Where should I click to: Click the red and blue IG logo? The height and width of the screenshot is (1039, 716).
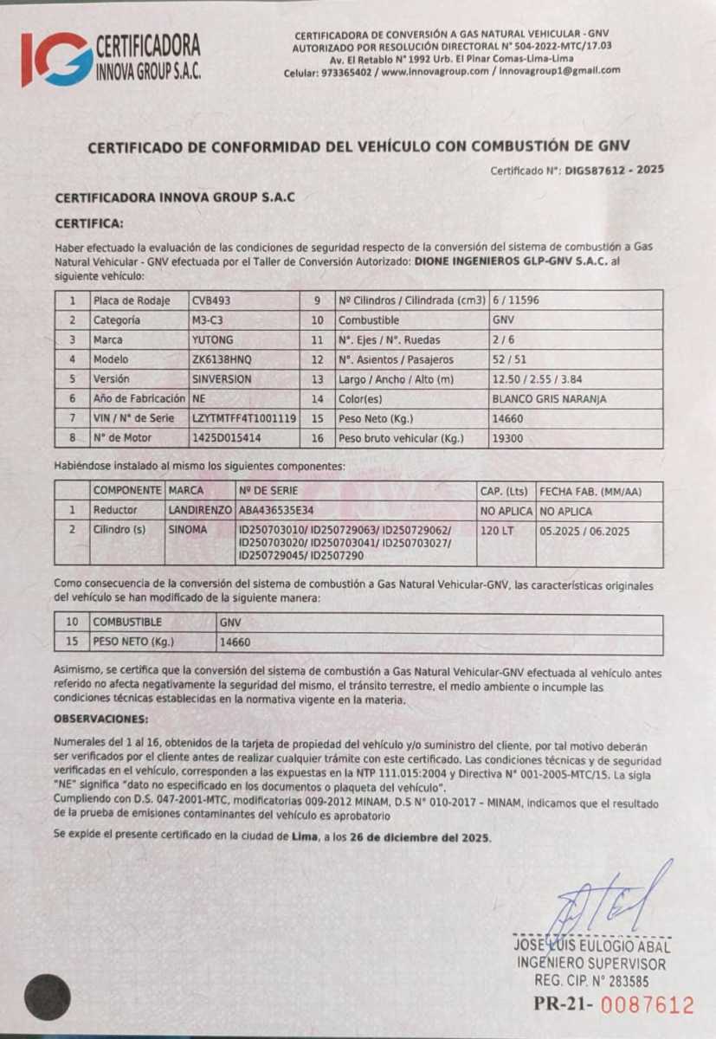(x=55, y=59)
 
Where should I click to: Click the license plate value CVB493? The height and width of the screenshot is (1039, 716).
(x=211, y=300)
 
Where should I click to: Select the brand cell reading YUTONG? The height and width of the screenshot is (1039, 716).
(x=213, y=339)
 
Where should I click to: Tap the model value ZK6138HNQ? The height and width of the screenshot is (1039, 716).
(x=220, y=358)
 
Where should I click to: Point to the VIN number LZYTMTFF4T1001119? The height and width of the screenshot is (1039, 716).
(x=244, y=418)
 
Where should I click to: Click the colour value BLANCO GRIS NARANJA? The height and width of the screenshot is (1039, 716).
(x=549, y=399)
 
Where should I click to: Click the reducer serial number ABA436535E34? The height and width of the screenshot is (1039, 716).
(x=276, y=511)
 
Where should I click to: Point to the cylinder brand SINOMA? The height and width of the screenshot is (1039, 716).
(x=188, y=529)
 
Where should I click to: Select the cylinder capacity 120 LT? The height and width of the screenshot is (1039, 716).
(x=498, y=529)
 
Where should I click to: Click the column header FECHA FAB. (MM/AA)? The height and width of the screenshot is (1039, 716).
(x=590, y=490)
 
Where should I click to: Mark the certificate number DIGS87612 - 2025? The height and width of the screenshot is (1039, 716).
(x=614, y=171)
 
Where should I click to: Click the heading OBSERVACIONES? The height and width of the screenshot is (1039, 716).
(x=100, y=720)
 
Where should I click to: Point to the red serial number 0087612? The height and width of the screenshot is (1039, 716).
(x=648, y=1005)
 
